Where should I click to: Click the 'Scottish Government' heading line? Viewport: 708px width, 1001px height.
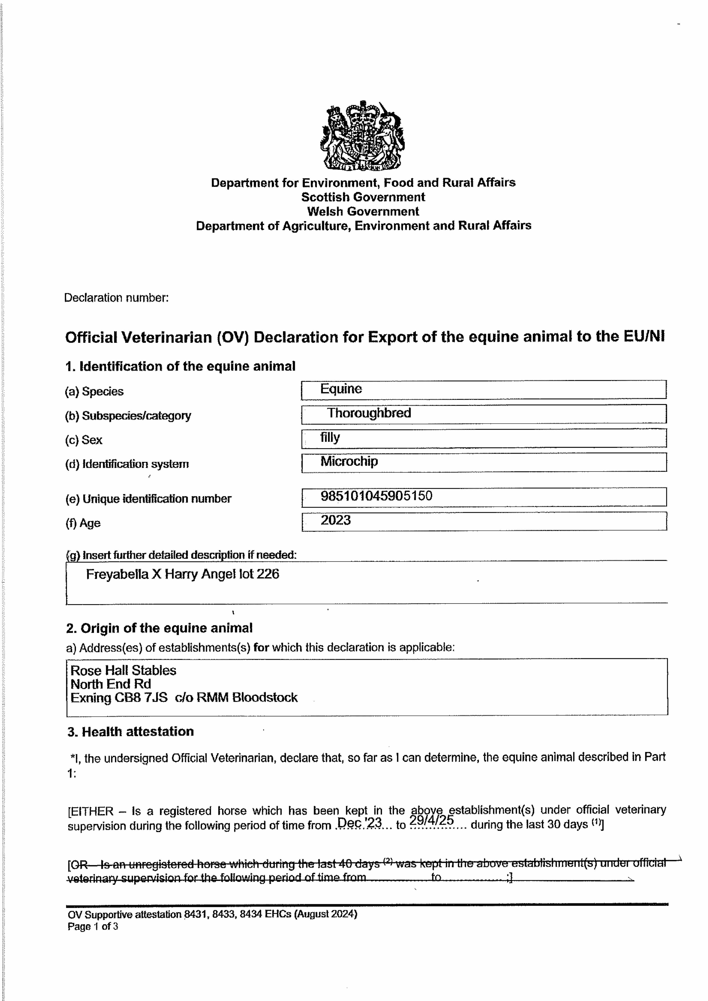coord(363,197)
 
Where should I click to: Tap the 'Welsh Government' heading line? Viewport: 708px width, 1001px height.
coord(363,211)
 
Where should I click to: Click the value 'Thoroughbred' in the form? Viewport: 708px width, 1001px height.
coord(369,413)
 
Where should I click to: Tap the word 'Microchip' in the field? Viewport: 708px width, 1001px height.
coord(349,461)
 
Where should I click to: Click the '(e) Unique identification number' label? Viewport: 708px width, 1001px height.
coord(148,499)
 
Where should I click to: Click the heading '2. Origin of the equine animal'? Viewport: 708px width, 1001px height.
coord(159,628)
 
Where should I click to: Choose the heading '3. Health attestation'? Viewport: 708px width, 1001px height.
coord(130,732)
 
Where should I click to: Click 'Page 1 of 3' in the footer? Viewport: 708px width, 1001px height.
coord(93,927)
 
